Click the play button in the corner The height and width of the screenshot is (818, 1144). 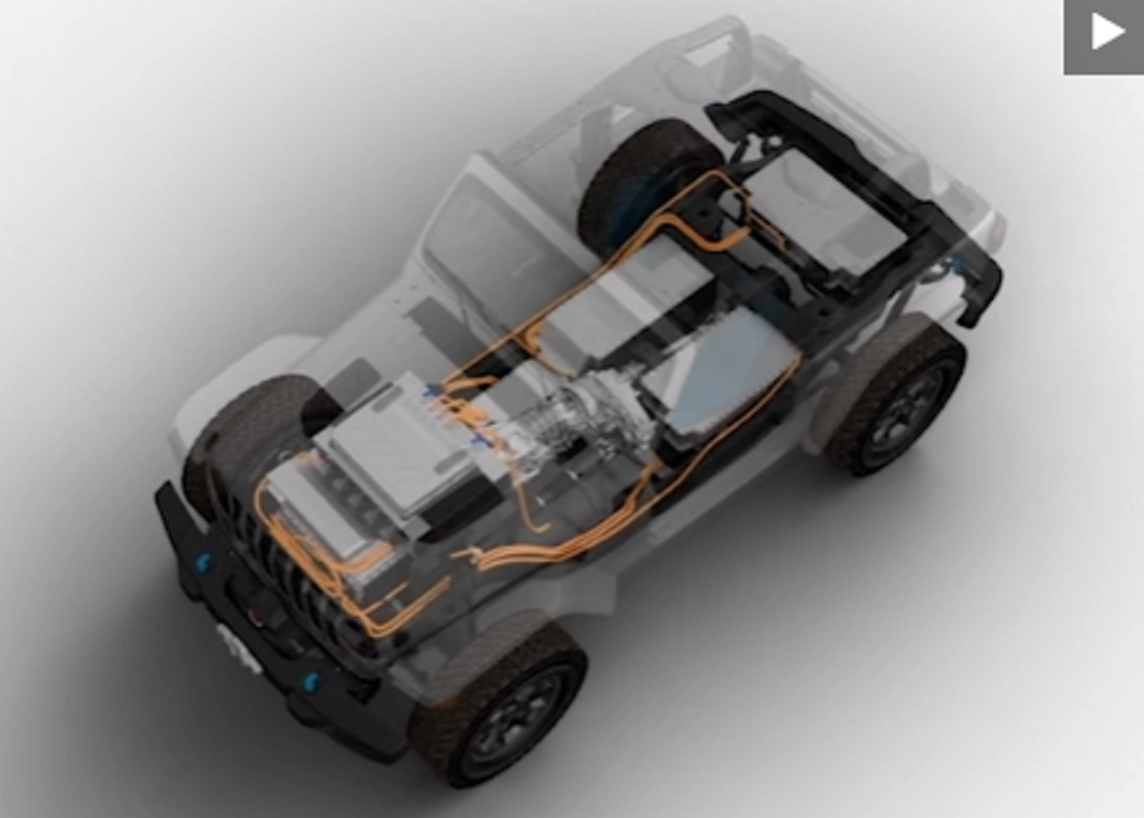click(1103, 35)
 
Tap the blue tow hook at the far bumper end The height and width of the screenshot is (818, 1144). click(204, 563)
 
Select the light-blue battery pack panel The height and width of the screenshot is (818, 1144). click(725, 380)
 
